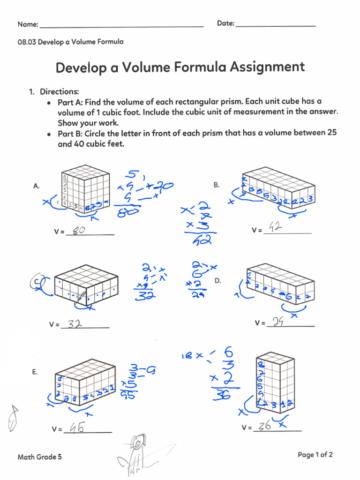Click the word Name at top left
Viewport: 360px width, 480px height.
[27, 24]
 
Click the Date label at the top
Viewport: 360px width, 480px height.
[225, 23]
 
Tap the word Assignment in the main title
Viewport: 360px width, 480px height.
[267, 67]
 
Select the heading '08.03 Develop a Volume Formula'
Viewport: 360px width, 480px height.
[71, 42]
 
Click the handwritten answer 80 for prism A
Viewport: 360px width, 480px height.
[79, 230]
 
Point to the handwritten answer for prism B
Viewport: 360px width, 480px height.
[274, 228]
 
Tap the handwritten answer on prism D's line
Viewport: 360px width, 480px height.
[278, 322]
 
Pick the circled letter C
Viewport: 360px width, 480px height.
[37, 282]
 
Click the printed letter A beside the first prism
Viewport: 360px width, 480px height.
[36, 186]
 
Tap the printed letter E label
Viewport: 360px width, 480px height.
[35, 372]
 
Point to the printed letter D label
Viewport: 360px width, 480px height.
[217, 280]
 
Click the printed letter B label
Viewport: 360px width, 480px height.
[217, 185]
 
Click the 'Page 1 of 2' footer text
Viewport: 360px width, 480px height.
[315, 454]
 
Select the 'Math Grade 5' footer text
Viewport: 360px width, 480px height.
[40, 457]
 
